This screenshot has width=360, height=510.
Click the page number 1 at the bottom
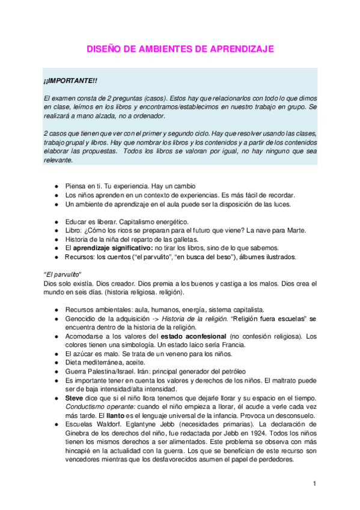click(314, 484)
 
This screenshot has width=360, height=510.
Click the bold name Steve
click(74, 398)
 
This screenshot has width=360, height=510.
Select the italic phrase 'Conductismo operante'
click(98, 407)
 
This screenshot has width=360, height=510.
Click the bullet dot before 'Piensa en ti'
click(56, 186)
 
